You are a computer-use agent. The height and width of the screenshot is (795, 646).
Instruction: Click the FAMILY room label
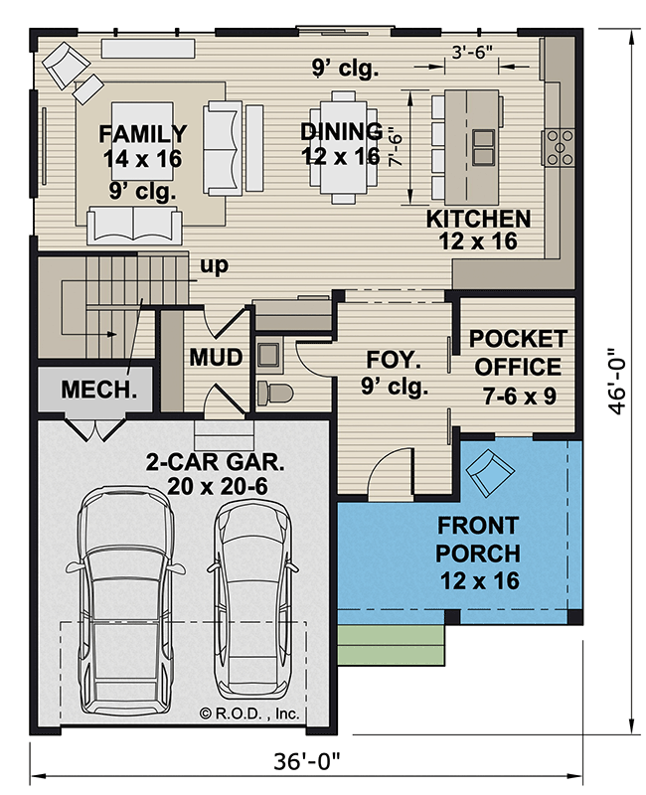coord(142,134)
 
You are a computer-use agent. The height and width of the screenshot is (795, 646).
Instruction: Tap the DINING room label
coord(341,131)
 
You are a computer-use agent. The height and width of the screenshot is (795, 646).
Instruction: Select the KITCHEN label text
coord(478,219)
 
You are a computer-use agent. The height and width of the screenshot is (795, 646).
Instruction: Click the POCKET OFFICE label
coord(518,353)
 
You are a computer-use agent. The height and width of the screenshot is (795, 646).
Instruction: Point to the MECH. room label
coord(98,390)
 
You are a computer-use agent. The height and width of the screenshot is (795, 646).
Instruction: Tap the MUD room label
coord(216,357)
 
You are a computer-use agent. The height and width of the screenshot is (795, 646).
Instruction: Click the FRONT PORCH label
coord(478,540)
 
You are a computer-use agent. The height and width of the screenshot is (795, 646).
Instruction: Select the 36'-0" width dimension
coord(306,761)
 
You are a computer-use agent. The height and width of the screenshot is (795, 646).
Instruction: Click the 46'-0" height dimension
coord(617,381)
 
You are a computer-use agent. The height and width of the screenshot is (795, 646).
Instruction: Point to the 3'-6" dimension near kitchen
coord(472,52)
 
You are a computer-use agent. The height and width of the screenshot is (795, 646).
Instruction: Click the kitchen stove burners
coord(560,147)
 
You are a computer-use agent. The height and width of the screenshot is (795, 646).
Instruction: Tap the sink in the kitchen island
coord(484,147)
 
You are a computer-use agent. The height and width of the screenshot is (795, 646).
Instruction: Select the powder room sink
coord(268,355)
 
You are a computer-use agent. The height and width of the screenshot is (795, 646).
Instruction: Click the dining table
coord(343,147)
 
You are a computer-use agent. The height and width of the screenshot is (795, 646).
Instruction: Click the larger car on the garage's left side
coord(125,601)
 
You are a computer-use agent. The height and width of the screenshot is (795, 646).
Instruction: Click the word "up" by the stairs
coord(215,265)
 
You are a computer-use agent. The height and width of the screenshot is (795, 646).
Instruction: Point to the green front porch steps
coord(391,645)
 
